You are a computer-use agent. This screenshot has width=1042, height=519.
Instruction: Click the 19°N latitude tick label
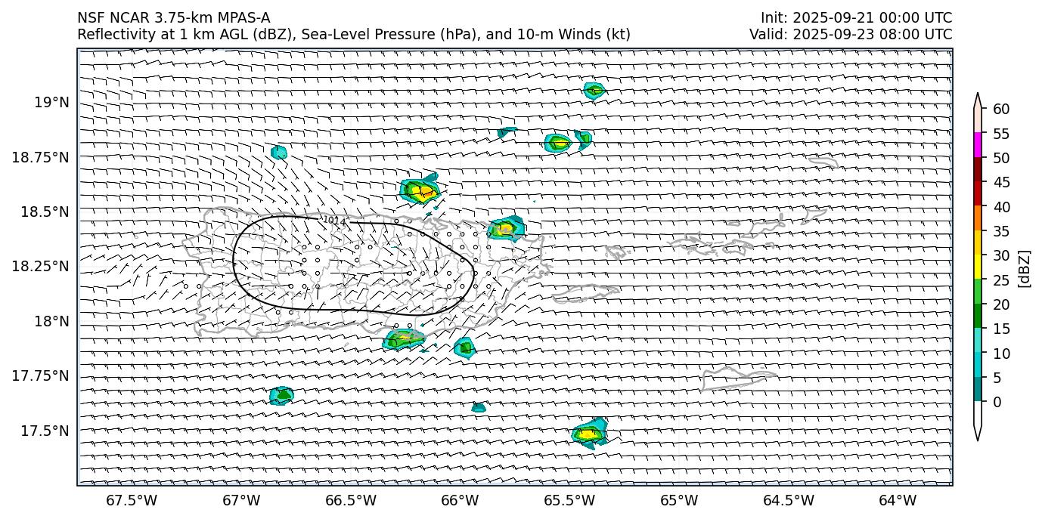(52, 102)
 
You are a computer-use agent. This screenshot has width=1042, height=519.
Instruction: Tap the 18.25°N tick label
(42, 267)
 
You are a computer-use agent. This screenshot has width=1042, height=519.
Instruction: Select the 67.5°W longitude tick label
(132, 500)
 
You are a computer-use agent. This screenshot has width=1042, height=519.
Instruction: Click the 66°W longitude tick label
(460, 500)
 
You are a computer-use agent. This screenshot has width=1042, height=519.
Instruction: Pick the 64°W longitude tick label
(898, 500)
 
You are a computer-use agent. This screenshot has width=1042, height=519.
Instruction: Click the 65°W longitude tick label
(679, 500)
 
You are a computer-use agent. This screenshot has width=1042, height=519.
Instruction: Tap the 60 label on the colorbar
(1001, 110)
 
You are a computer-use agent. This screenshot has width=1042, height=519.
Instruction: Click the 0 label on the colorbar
(997, 402)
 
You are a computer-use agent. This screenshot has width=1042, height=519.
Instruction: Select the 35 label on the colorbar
(1001, 231)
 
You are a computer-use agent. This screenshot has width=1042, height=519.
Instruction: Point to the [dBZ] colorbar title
(1025, 268)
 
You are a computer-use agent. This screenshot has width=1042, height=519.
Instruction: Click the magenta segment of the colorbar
(978, 145)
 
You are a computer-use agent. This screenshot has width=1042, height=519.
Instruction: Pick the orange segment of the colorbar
(978, 218)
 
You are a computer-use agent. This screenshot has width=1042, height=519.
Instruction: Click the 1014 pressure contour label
(334, 221)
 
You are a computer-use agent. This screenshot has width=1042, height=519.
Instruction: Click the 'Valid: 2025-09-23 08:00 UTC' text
(851, 34)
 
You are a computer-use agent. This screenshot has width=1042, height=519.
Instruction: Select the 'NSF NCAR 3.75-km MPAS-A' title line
(173, 18)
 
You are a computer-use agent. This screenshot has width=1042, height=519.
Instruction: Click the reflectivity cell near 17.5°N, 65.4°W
(589, 433)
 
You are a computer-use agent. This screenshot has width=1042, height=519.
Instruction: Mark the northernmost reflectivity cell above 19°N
(594, 90)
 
